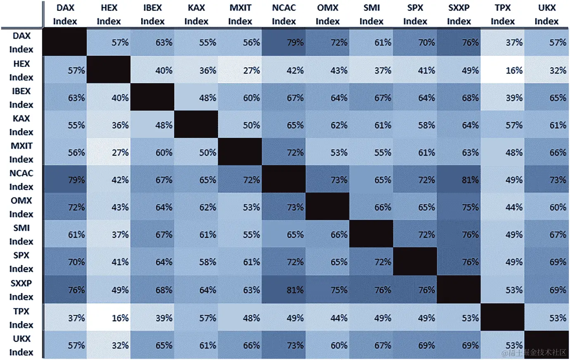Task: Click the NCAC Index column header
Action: click(284, 14)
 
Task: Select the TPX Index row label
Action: click(21, 317)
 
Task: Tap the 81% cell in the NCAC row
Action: click(459, 180)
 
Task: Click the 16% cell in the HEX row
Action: click(503, 70)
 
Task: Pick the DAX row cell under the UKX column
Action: click(546, 42)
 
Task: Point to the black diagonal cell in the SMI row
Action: click(371, 234)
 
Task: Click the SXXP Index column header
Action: click(459, 14)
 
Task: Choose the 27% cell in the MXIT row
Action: click(109, 152)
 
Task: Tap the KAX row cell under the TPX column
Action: click(503, 125)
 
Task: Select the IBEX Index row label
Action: click(21, 97)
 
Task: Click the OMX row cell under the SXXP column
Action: click(459, 207)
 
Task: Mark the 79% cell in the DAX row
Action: click(284, 42)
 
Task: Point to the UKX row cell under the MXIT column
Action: click(240, 345)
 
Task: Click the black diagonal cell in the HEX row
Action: click(109, 70)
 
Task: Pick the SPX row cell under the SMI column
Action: click(371, 261)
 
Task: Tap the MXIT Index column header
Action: click(240, 14)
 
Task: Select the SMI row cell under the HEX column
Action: click(109, 234)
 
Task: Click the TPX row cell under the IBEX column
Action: click(152, 317)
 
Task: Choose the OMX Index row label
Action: click(21, 207)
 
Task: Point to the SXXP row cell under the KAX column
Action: click(196, 289)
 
